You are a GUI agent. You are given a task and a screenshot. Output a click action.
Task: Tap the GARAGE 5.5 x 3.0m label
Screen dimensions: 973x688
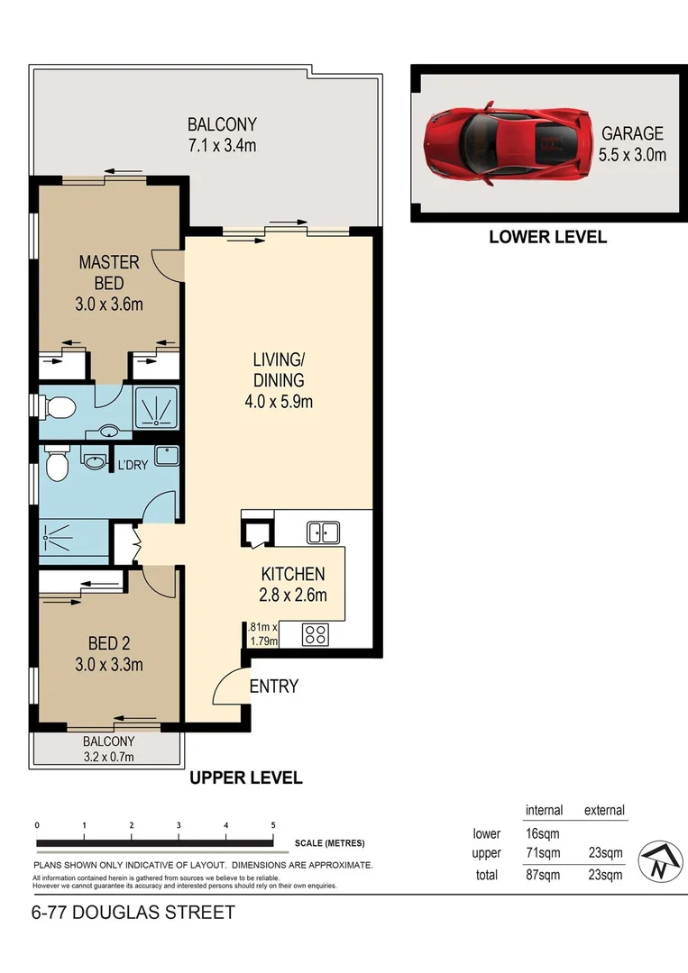click(633, 143)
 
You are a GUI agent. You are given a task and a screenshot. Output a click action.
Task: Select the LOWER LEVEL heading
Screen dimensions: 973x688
click(547, 237)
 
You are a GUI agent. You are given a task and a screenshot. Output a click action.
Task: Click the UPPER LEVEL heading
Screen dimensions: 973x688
click(245, 777)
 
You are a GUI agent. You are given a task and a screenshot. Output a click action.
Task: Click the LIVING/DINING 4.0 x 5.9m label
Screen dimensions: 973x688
click(278, 381)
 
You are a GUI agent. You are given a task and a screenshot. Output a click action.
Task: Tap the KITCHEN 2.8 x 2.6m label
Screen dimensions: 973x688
click(293, 584)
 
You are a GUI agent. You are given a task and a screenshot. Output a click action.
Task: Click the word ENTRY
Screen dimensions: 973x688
click(273, 687)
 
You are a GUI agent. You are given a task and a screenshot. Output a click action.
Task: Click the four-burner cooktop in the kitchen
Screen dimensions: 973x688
click(316, 634)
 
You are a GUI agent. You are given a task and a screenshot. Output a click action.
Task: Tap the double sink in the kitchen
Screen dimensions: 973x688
click(322, 532)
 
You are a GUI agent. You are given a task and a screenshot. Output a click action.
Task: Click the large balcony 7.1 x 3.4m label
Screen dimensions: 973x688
click(221, 134)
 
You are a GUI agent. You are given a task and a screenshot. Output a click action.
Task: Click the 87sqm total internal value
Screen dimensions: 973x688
click(543, 874)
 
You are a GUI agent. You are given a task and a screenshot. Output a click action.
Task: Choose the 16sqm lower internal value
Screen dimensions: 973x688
click(543, 833)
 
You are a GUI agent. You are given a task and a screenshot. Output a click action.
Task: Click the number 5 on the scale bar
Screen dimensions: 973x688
click(272, 825)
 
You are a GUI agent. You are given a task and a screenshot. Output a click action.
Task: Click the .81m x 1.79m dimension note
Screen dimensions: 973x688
click(262, 633)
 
